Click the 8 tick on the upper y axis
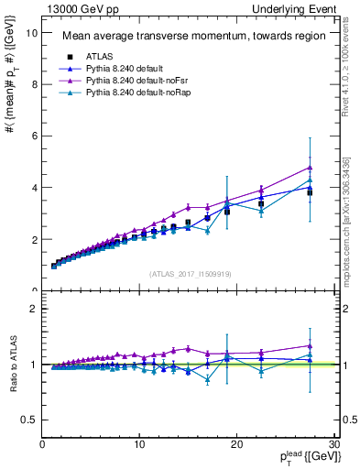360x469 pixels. (x=34, y=84)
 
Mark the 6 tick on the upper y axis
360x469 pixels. (x=34, y=136)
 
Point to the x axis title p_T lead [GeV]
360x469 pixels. (x=304, y=457)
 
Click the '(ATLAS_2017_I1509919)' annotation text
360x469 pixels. (x=190, y=273)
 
